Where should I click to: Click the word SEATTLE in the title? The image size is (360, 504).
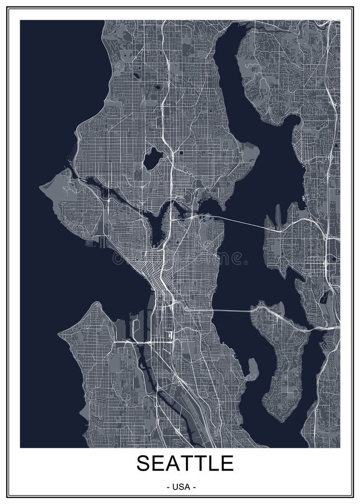point(185,463)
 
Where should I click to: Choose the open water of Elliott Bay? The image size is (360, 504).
point(112,280)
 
